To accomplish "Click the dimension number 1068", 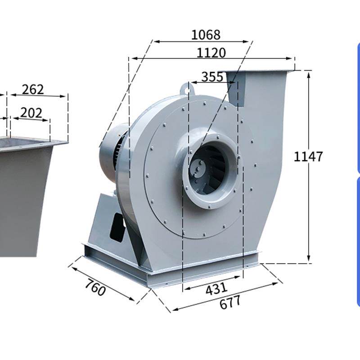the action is coord(206,35).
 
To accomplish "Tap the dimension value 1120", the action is coord(211,53).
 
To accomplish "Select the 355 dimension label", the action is coord(212,76).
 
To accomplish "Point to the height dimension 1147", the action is coord(308,156).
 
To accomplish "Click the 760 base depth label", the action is coord(95,287).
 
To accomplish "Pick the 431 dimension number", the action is coord(216,288).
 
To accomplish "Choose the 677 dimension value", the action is coord(230,302).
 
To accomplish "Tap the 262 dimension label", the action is coord(32,90).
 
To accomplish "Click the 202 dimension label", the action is coord(31,113).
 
